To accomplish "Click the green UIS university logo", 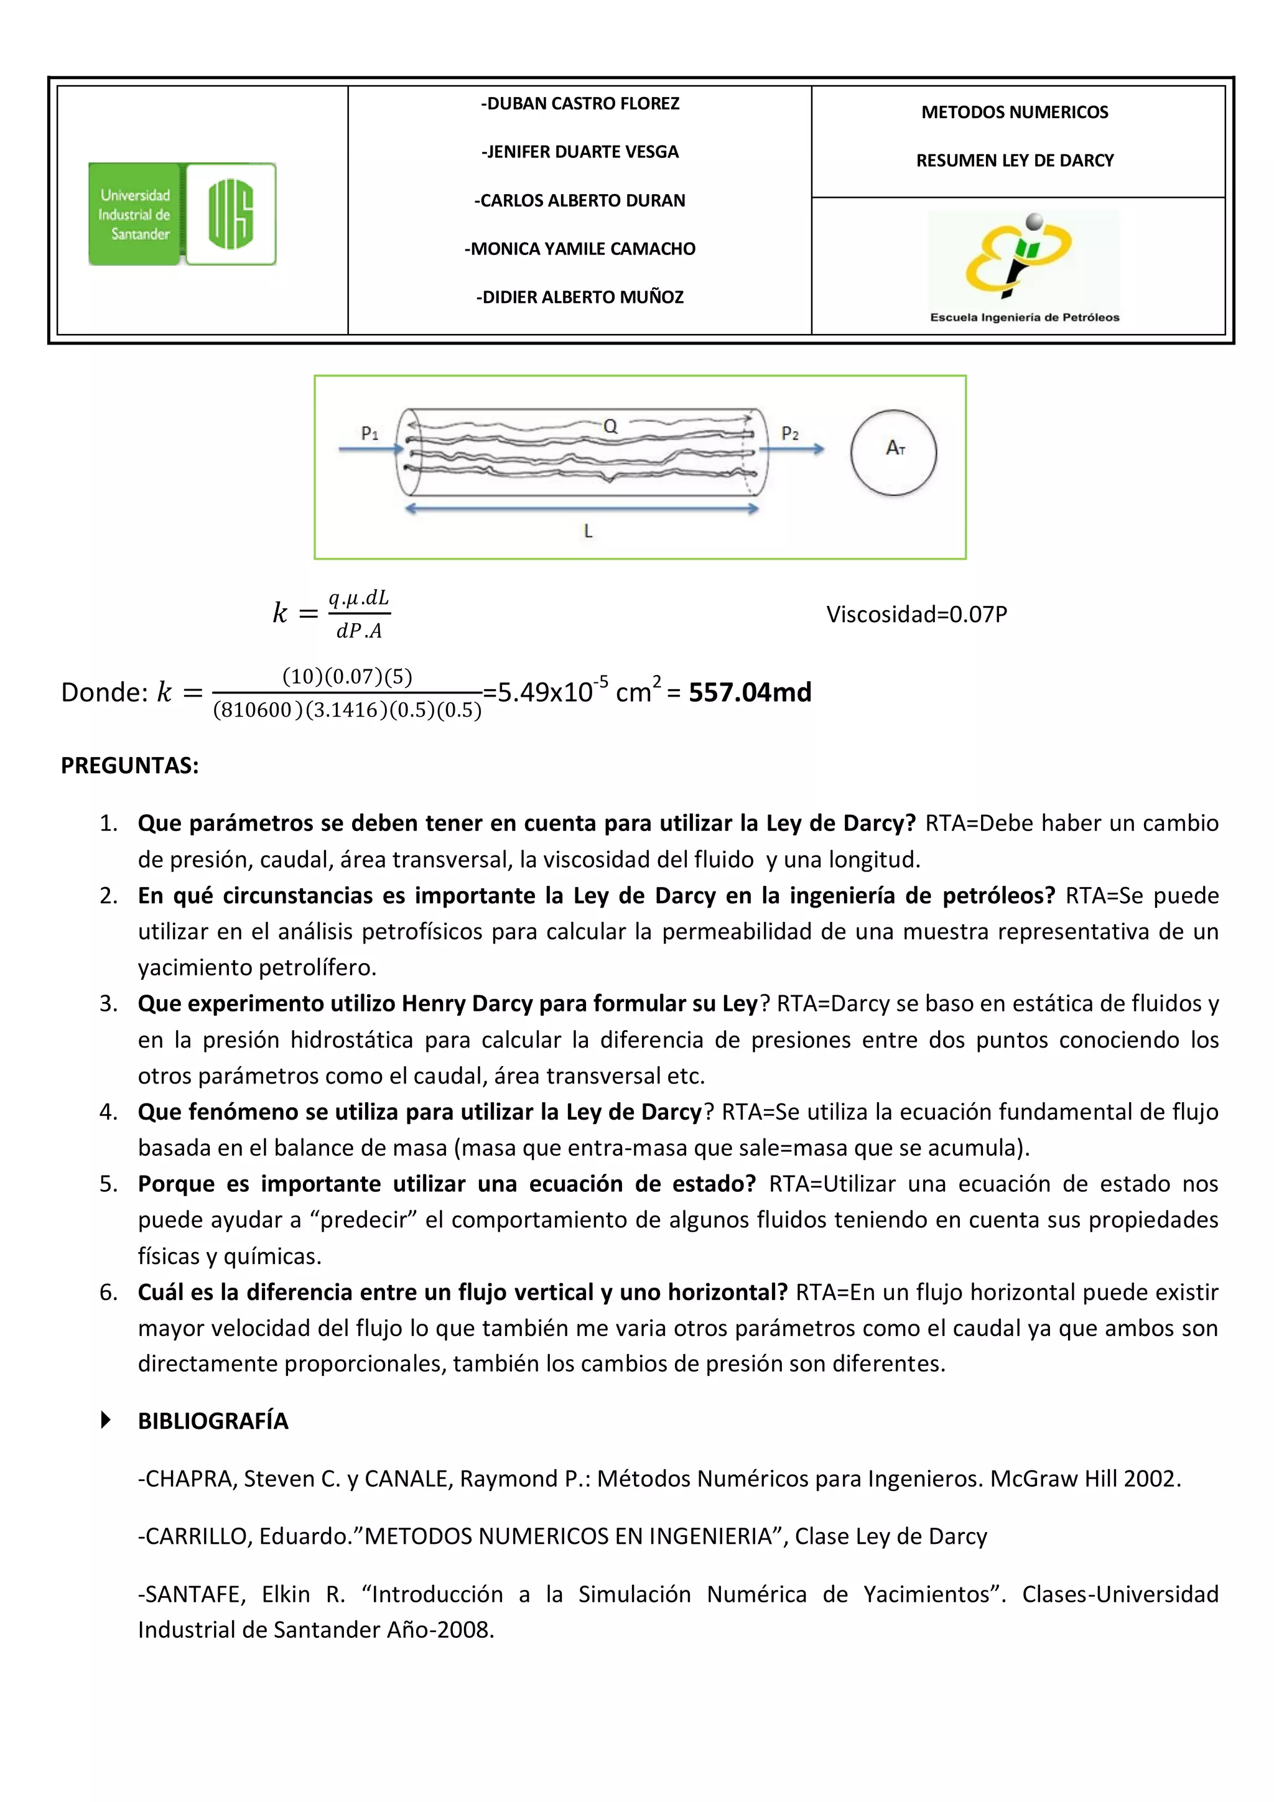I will (x=182, y=213).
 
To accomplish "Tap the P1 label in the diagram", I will (x=370, y=433).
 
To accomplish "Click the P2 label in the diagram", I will (x=789, y=433).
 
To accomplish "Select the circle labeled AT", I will (x=893, y=452).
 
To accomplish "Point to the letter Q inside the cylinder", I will (x=610, y=426).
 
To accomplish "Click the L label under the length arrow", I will (x=588, y=531).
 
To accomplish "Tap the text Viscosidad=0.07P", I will (x=916, y=614).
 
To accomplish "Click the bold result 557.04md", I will (x=750, y=692).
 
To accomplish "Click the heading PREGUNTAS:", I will (x=129, y=765).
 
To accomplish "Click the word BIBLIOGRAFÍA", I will (x=213, y=1421).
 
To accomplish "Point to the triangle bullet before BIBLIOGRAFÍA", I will (x=106, y=1420).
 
